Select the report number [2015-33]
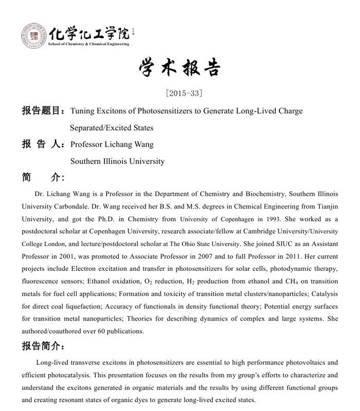coord(180,94)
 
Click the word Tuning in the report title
coord(83,111)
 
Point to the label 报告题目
coord(42,111)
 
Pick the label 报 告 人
coord(42,144)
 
